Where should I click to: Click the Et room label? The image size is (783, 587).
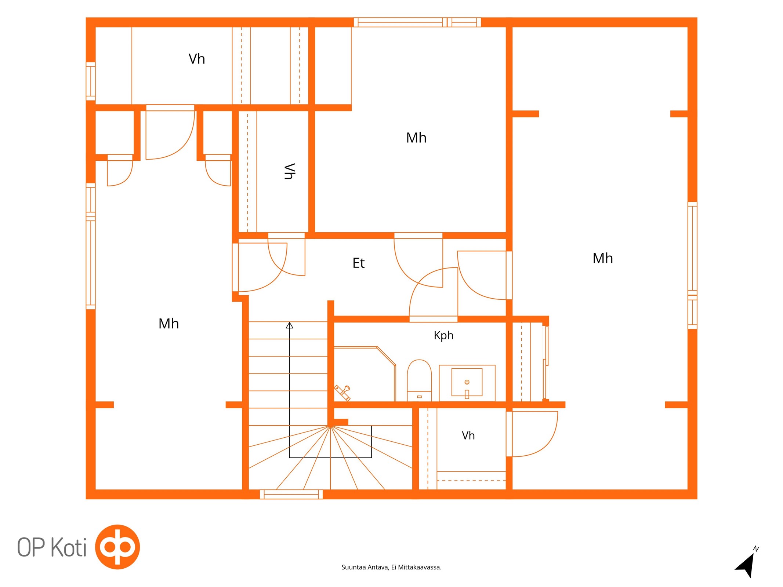tap(358, 263)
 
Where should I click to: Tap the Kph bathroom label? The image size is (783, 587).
tap(443, 335)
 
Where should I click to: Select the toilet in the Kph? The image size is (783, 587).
tap(419, 380)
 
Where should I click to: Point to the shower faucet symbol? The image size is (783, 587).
tap(342, 392)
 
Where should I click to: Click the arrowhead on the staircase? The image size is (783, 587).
tap(289, 325)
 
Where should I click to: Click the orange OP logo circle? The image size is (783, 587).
tap(117, 547)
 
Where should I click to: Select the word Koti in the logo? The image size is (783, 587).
tap(68, 547)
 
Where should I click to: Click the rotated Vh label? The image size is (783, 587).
tap(289, 171)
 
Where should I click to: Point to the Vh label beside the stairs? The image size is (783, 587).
tap(468, 435)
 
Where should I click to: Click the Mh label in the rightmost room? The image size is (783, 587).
tap(603, 258)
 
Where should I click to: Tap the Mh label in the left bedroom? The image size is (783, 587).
tap(168, 324)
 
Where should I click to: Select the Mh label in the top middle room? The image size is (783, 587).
tap(416, 138)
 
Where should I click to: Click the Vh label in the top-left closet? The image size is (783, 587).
tap(197, 59)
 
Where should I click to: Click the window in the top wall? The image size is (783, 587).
tap(417, 22)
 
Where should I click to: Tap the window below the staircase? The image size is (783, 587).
tap(291, 494)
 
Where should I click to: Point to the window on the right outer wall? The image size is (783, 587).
tap(692, 265)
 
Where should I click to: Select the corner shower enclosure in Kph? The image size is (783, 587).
tap(365, 374)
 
